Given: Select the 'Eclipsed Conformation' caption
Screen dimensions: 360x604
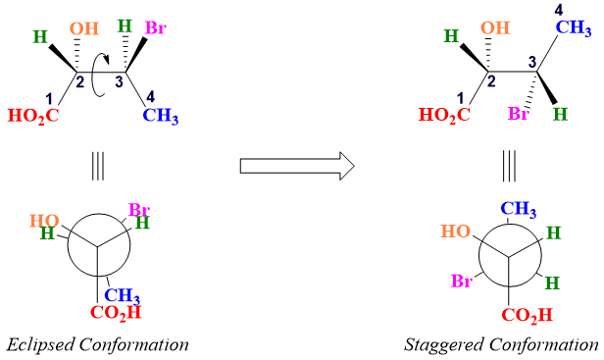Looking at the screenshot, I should pyautogui.click(x=97, y=344).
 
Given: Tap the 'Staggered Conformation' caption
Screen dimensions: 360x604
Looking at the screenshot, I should pyautogui.click(x=501, y=344).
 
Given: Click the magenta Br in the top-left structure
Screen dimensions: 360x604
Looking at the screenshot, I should pyautogui.click(x=156, y=26).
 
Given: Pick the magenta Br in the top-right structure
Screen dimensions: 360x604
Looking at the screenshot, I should pyautogui.click(x=519, y=114).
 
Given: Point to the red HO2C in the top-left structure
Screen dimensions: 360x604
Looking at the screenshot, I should pyautogui.click(x=33, y=116).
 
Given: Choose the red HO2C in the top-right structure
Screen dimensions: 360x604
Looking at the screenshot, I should pyautogui.click(x=445, y=116).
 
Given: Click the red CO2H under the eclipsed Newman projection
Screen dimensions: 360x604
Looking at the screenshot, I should pyautogui.click(x=116, y=313).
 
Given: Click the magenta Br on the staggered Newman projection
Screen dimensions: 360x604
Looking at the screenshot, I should pyautogui.click(x=463, y=283).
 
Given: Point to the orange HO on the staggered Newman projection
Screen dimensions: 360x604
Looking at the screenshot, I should pyautogui.click(x=457, y=232).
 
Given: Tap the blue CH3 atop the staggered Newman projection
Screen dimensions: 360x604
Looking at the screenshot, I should pyautogui.click(x=523, y=209).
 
